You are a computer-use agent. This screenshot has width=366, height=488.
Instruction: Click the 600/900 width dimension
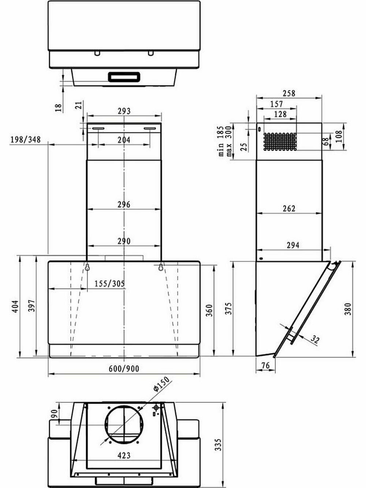[x=124, y=369]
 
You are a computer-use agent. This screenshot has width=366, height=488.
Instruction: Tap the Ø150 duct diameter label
[x=161, y=384]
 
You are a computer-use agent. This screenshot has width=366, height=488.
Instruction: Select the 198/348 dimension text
[x=26, y=139]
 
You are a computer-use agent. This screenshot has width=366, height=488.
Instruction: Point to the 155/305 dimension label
[x=109, y=284]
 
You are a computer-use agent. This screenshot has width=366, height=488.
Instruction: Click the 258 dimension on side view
[x=289, y=93]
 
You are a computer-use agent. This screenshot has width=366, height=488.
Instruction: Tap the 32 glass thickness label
[x=315, y=339]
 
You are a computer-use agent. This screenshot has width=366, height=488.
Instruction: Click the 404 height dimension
[x=15, y=306]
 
